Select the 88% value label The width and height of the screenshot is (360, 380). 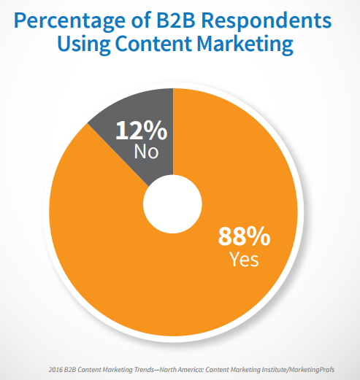click(245, 237)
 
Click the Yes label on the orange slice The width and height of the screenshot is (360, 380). click(244, 258)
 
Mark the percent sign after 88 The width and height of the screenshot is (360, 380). click(259, 237)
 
